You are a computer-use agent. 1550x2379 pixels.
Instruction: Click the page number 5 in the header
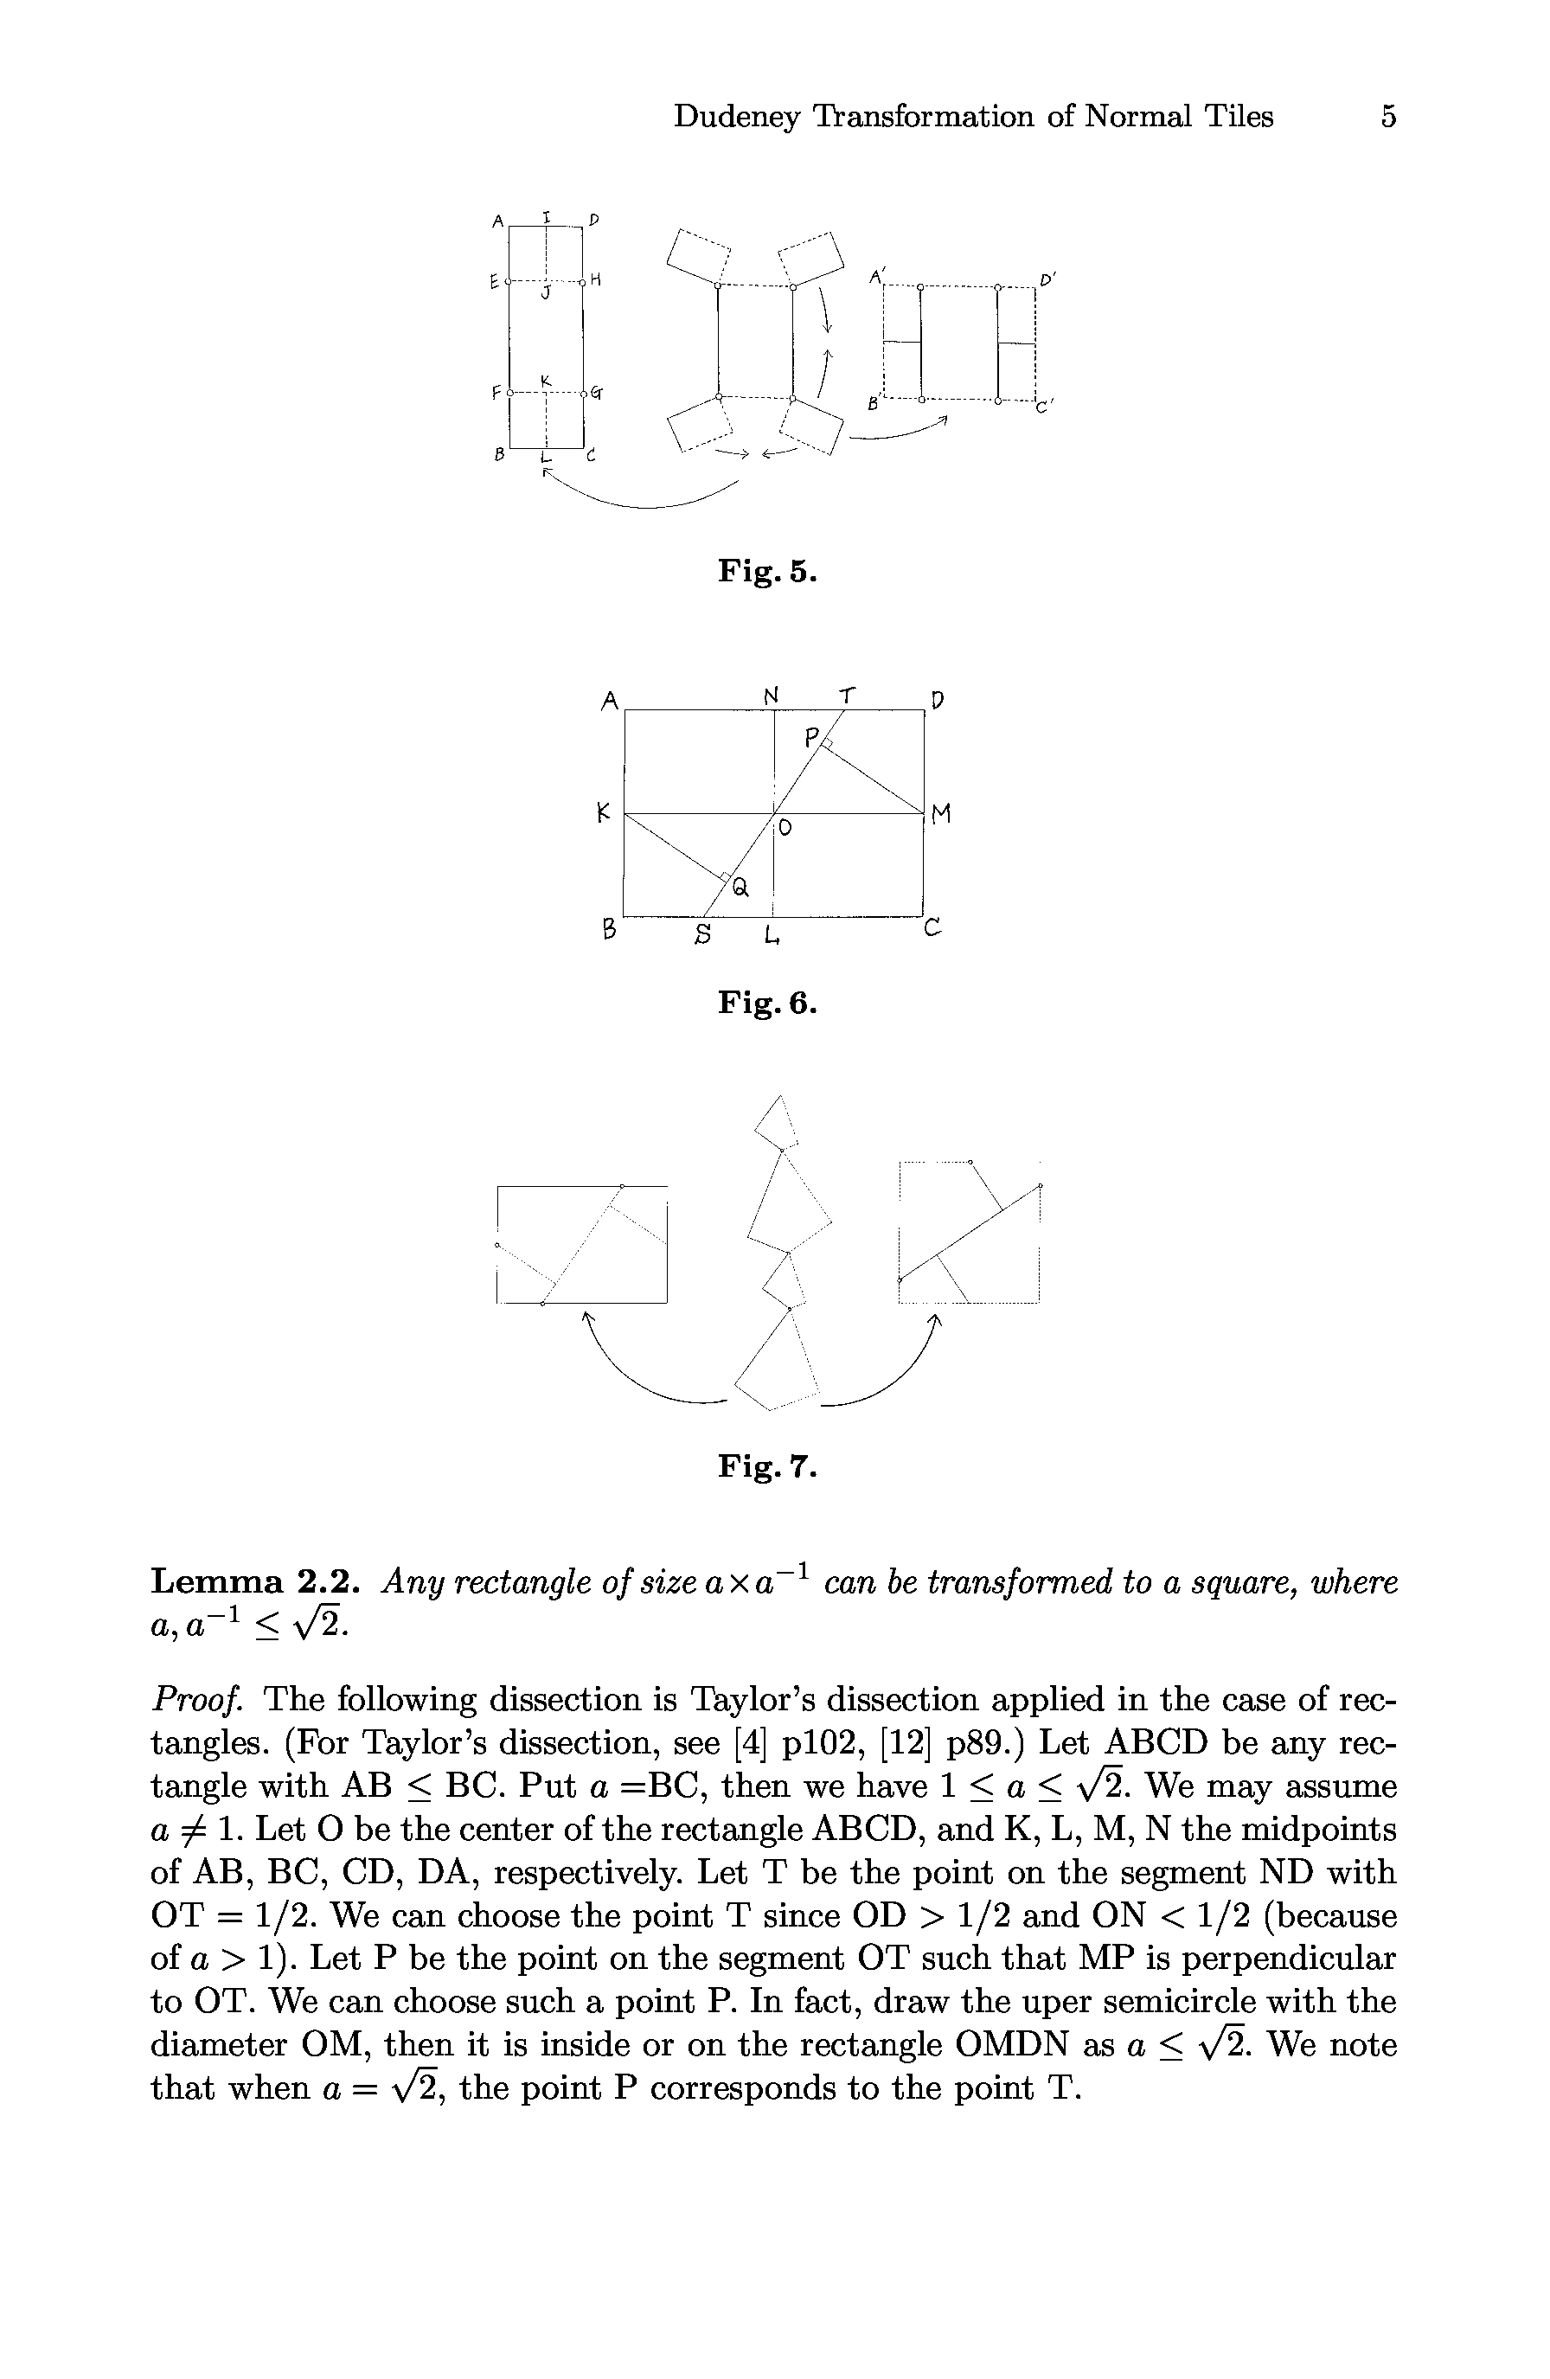pyautogui.click(x=1387, y=117)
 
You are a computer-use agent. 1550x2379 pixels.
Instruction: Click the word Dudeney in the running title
pyautogui.click(x=737, y=117)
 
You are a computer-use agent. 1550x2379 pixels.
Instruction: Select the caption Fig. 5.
pyautogui.click(x=766, y=571)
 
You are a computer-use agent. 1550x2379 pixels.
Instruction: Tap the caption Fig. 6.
pyautogui.click(x=766, y=1003)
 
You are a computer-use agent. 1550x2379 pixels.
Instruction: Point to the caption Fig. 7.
pyautogui.click(x=766, y=1466)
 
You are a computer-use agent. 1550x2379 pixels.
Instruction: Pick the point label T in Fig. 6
pyautogui.click(x=848, y=694)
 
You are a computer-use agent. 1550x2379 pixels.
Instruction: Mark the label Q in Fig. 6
pyautogui.click(x=740, y=886)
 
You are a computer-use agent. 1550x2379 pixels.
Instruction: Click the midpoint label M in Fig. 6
pyautogui.click(x=939, y=816)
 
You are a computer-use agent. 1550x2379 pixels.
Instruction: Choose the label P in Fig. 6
pyautogui.click(x=812, y=738)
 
